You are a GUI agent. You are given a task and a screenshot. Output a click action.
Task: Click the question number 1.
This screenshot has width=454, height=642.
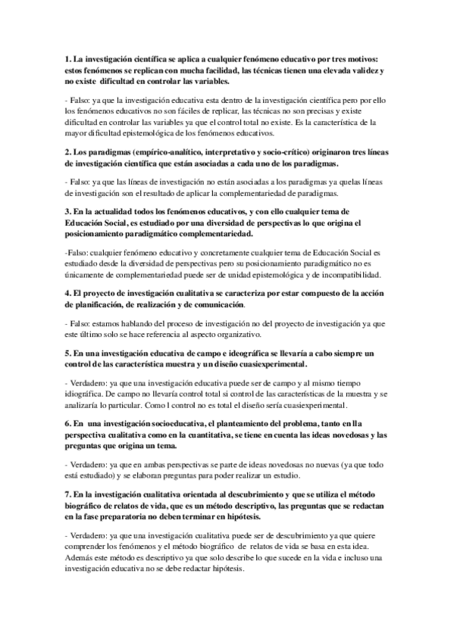point(67,58)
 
